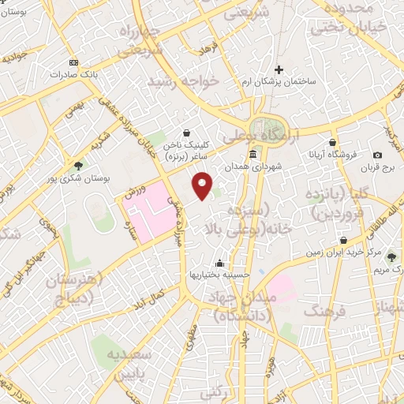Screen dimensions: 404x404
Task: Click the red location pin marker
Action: pos(204,185)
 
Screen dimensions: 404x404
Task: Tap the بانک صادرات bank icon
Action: pos(74,63)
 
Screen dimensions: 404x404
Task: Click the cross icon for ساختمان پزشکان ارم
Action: pos(278,69)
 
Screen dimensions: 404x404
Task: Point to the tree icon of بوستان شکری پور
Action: pos(79,166)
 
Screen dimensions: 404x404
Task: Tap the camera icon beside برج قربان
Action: pos(377,155)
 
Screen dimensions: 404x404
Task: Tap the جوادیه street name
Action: pos(18,58)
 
